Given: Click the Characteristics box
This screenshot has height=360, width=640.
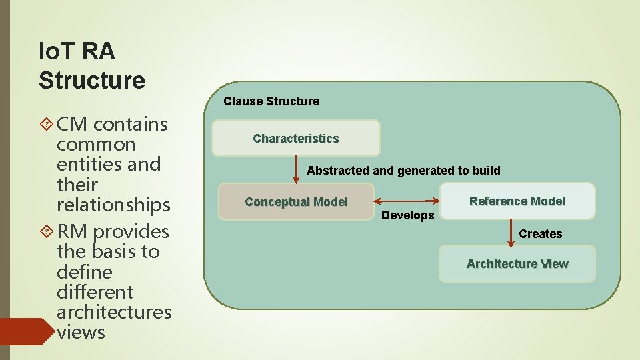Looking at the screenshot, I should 296,139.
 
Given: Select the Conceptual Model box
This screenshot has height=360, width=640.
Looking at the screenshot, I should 296,202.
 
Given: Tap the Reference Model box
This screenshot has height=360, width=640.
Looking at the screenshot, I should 517,201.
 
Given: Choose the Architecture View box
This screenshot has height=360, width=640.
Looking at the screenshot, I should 517,264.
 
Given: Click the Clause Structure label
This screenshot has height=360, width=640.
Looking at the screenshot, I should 271,101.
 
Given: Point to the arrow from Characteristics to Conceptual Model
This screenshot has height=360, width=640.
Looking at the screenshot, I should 297,169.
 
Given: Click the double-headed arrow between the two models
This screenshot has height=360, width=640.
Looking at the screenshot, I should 407,201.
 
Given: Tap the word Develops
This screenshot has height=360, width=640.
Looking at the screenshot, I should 407,215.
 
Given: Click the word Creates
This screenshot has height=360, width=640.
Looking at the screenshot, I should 541,234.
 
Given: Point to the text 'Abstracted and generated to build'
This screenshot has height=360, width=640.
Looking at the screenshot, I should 403,171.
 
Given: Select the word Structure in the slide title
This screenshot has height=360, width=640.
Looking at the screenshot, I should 92,80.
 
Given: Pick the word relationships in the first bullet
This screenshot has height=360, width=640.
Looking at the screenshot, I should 113,204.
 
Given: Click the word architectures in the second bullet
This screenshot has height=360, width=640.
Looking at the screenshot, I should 114,311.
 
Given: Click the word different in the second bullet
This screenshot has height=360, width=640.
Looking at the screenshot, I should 95,291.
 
